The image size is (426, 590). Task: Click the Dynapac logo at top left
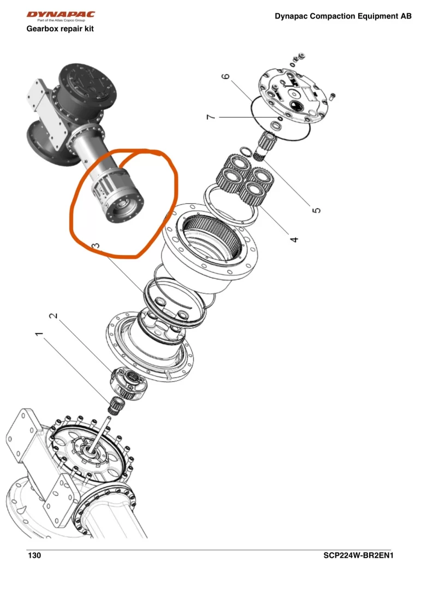61,16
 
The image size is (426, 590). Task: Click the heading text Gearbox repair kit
60,28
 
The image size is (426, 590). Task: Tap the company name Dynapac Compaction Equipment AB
343,16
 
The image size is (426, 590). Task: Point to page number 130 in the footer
34,556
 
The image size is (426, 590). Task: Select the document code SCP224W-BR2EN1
358,556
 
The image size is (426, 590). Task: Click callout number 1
39,334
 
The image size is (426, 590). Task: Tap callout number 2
54,315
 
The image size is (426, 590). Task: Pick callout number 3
96,246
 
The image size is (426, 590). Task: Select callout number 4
294,239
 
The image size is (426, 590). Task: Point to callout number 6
226,76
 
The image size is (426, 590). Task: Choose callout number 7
211,117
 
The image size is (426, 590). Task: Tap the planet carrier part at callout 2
129,383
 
